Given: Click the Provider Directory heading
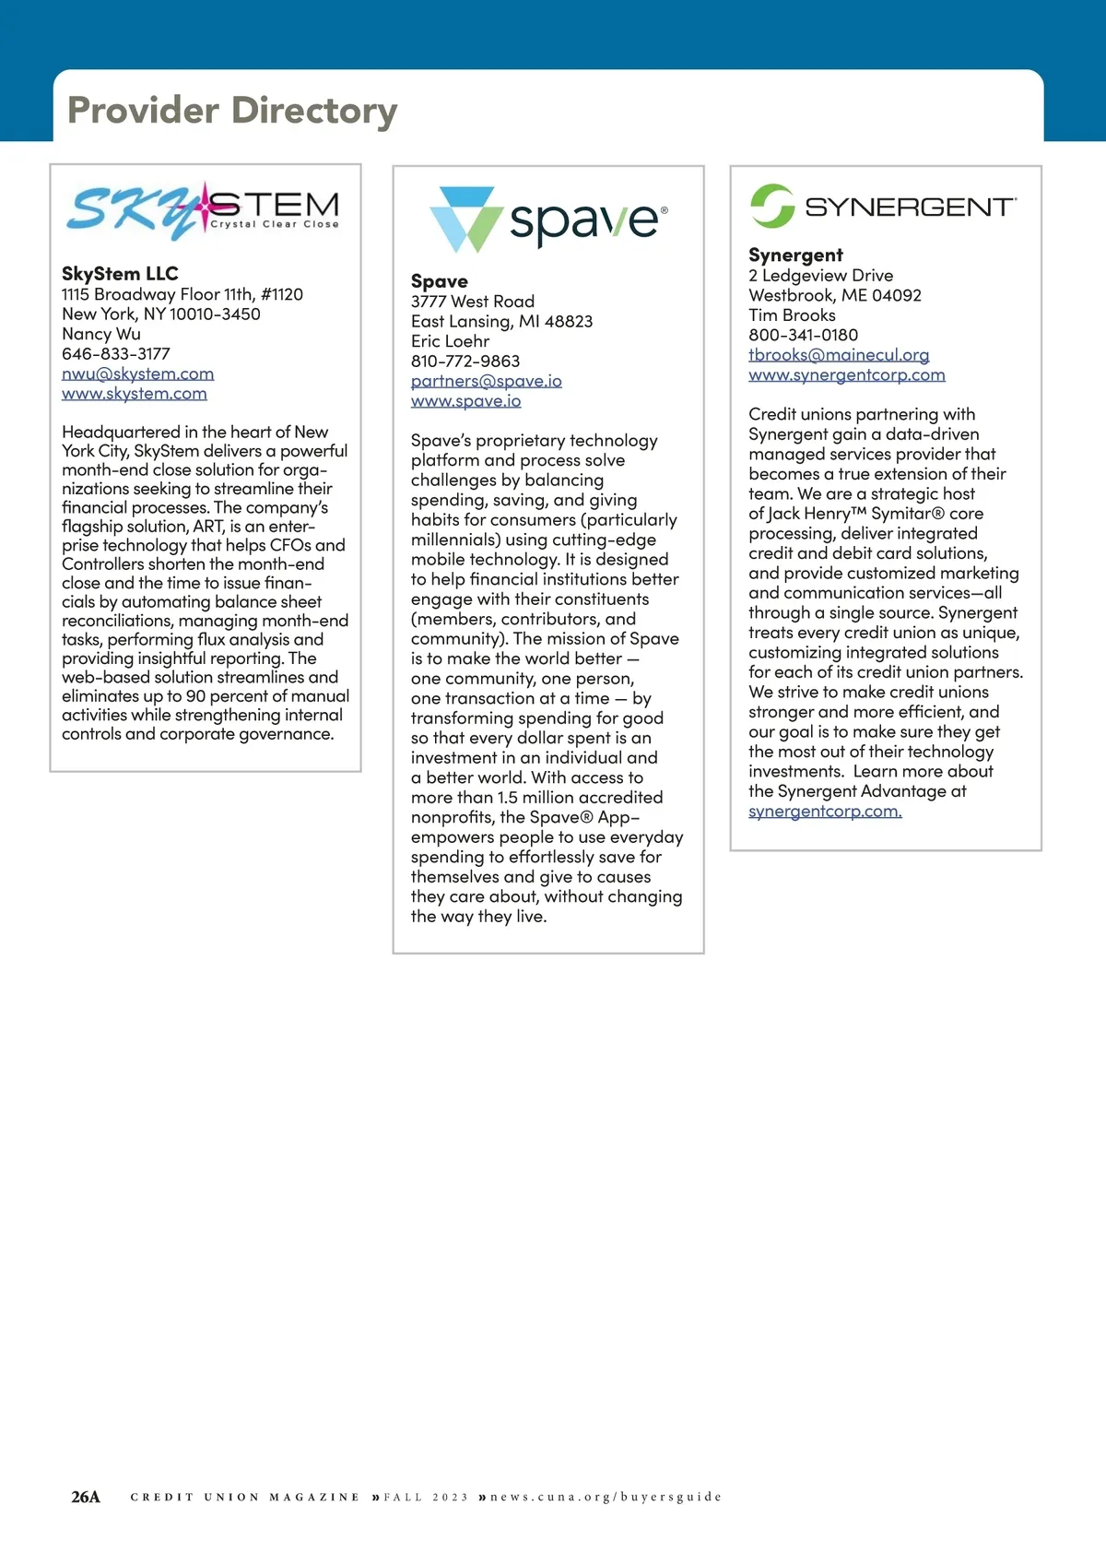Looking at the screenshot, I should tap(232, 111).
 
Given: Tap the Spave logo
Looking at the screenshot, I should tap(548, 219).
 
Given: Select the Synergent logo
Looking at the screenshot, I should tap(883, 206).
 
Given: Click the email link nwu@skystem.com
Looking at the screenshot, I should tap(137, 373).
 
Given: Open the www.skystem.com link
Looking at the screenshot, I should tap(135, 394).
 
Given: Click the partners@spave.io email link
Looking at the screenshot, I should tap(486, 381).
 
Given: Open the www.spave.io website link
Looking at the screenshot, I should tap(465, 401).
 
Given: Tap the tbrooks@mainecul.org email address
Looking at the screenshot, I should tap(839, 355).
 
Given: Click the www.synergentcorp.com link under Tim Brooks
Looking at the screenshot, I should tap(846, 374).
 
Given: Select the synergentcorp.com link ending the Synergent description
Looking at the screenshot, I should tap(825, 812).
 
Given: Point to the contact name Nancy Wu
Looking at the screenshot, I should tap(101, 334).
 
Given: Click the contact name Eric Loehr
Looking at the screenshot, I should tap(450, 341).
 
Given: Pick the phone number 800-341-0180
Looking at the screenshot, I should tap(803, 335).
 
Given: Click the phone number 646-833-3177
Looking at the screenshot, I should tap(116, 354).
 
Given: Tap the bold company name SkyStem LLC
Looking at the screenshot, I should tap(120, 274).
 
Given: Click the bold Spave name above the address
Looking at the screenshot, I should tap(440, 281).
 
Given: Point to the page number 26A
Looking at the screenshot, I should tap(86, 1497).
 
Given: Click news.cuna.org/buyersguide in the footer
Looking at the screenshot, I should tap(606, 1497).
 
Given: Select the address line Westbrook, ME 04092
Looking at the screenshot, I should tap(834, 295).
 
